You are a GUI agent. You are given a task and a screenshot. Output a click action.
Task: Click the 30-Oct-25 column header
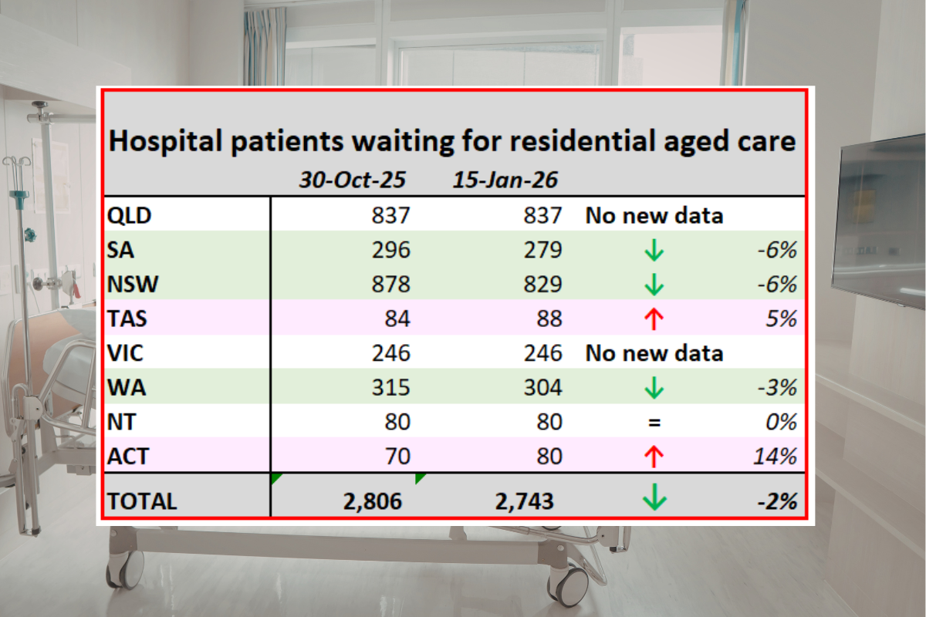coord(353,181)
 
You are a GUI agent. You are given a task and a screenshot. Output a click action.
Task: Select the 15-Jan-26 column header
coord(505,181)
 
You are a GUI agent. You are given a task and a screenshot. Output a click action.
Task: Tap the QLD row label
coord(129,215)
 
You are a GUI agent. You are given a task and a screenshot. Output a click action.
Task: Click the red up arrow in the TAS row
coord(654,319)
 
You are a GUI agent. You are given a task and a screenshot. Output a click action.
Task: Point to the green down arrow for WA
coord(654,388)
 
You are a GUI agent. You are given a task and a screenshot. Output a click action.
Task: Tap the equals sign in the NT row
coord(654,423)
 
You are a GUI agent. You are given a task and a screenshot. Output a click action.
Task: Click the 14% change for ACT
coord(776,457)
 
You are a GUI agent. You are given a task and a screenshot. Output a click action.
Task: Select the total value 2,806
coord(373,501)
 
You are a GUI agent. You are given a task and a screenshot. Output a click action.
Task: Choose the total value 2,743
coord(525,501)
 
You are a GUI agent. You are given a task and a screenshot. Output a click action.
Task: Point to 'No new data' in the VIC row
coord(654,353)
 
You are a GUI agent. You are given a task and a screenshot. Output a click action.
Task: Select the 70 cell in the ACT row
coord(394,457)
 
